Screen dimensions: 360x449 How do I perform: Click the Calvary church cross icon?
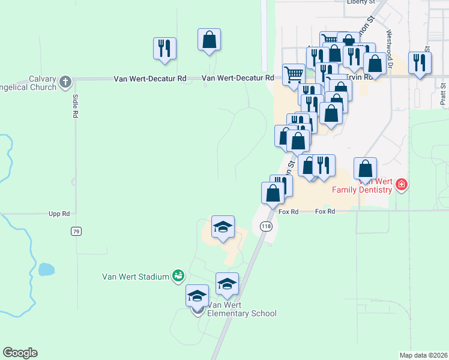pyautogui.click(x=65, y=80)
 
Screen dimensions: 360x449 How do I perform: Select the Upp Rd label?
pyautogui.click(x=59, y=214)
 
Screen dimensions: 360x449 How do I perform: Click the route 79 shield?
pyautogui.click(x=76, y=231)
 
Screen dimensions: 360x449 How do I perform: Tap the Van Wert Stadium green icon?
pyautogui.click(x=178, y=276)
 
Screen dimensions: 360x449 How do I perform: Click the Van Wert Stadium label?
pyautogui.click(x=136, y=277)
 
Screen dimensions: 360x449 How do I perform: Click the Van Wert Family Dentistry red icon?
pyautogui.click(x=402, y=186)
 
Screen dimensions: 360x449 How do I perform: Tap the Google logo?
pyautogui.click(x=20, y=353)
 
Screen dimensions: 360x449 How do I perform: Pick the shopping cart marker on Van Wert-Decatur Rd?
pyautogui.click(x=294, y=75)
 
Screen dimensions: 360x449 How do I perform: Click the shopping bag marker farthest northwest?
pyautogui.click(x=209, y=40)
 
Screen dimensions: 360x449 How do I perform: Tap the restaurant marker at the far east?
pyautogui.click(x=420, y=62)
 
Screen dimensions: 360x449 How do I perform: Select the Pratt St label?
pyautogui.click(x=442, y=94)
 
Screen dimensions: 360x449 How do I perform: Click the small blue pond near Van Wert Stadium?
pyautogui.click(x=46, y=269)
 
